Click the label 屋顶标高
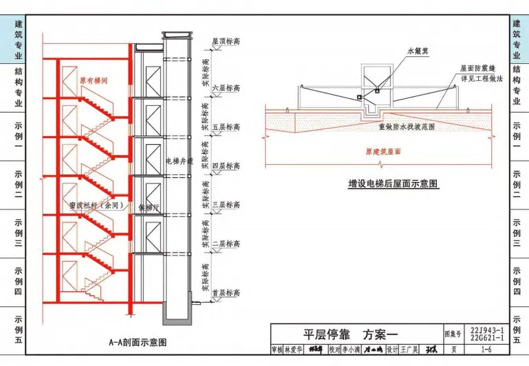tap(225, 41)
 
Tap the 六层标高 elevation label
tap(225, 89)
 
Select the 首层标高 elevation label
tap(225, 293)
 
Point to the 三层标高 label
tap(225, 205)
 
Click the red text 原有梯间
tap(93, 80)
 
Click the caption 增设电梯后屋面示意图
tap(393, 184)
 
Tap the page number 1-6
tap(486, 350)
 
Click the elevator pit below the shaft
tap(175, 314)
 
